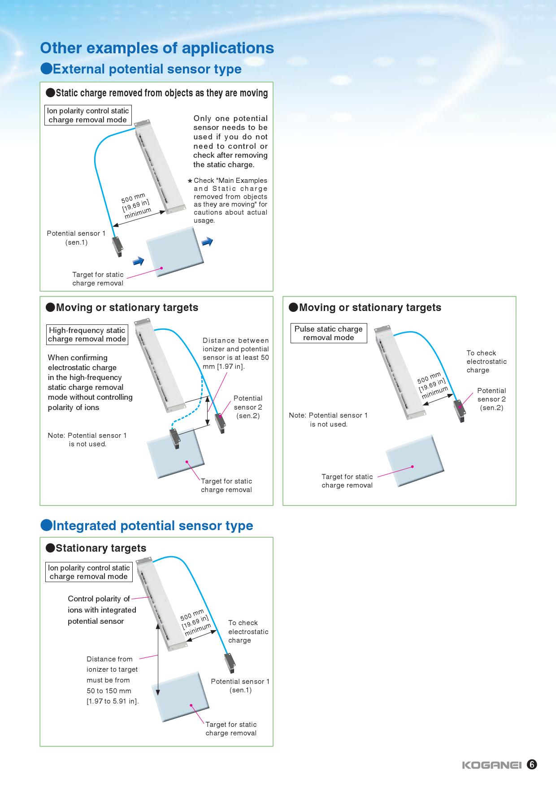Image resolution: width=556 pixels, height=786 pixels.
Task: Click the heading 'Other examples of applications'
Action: [157, 48]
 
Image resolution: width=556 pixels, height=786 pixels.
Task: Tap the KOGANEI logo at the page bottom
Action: [491, 765]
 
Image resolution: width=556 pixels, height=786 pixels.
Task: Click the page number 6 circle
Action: [532, 764]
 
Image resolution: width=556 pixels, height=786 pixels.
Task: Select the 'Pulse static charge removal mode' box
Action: [328, 333]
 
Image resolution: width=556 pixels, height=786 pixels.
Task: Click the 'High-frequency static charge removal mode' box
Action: [87, 335]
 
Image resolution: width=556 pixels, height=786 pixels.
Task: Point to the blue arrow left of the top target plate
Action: [139, 260]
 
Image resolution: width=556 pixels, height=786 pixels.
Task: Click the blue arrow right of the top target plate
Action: [207, 242]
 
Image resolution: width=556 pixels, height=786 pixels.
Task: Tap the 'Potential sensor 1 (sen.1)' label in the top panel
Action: [76, 238]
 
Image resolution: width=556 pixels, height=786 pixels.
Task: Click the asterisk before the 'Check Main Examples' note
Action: [190, 181]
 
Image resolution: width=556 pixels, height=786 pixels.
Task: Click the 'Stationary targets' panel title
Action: [100, 548]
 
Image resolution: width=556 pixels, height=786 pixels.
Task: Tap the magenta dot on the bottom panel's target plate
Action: [191, 705]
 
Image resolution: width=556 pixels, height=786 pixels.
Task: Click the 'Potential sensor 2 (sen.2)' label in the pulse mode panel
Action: [491, 399]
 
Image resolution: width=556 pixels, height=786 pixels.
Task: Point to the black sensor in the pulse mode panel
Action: [460, 410]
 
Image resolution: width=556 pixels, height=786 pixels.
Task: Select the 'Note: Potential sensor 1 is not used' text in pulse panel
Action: [328, 419]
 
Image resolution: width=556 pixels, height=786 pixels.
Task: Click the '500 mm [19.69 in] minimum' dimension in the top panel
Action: [136, 205]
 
